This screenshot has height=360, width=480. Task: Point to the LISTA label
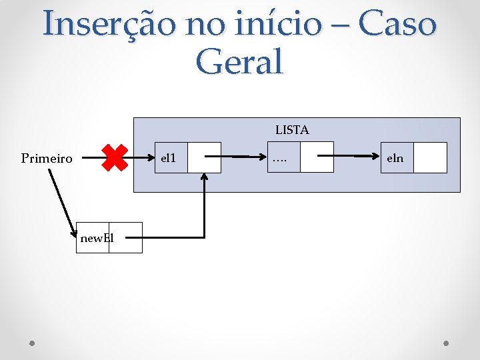(292, 131)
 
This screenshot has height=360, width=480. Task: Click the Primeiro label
(47, 159)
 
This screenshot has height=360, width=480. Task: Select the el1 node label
(169, 158)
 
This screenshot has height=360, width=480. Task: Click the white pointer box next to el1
(204, 157)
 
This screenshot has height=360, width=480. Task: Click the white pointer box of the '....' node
(317, 157)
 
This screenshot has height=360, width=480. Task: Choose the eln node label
(395, 159)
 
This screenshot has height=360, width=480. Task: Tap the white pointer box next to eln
(430, 157)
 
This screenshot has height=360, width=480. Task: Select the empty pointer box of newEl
(126, 237)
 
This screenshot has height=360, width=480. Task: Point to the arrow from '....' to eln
(353, 157)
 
